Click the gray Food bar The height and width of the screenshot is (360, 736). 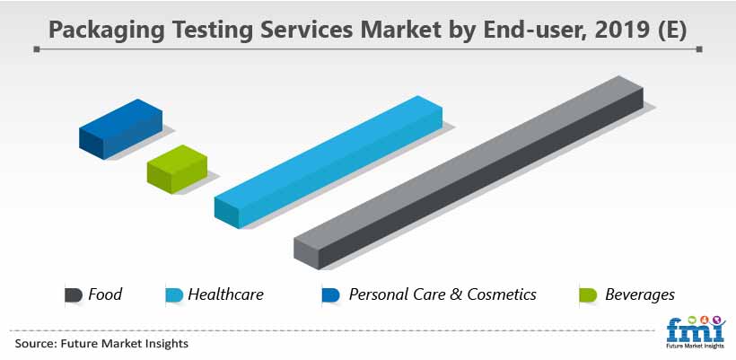469,172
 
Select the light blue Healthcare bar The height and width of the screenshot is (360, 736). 329,162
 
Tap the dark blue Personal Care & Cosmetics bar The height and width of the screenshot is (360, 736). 120,129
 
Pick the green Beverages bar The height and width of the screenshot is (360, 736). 177,169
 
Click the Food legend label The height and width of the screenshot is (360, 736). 105,294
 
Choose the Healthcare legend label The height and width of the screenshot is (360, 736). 226,294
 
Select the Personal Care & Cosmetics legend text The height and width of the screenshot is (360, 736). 442,294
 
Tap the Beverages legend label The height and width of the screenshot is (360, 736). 640,295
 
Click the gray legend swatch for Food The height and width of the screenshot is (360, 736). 74,294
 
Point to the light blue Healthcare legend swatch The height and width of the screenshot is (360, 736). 174,294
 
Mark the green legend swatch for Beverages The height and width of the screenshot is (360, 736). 588,294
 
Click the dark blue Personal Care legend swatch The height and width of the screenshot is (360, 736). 330,294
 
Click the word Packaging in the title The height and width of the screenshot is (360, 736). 107,30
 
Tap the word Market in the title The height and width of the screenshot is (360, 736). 400,29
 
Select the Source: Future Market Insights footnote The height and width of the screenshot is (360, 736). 101,344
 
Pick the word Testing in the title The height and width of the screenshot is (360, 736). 214,30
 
